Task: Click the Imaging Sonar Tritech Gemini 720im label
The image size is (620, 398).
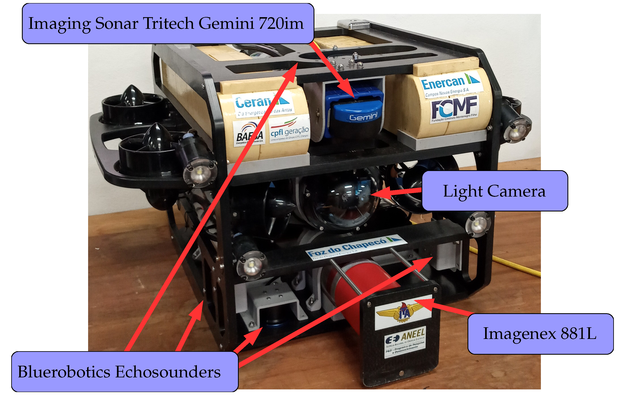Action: point(168,23)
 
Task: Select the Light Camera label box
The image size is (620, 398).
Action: point(495,191)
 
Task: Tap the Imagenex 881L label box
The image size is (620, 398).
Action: point(540,334)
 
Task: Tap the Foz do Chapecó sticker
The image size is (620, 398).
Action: point(354,247)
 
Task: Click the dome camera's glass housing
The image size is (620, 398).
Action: point(341,199)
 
